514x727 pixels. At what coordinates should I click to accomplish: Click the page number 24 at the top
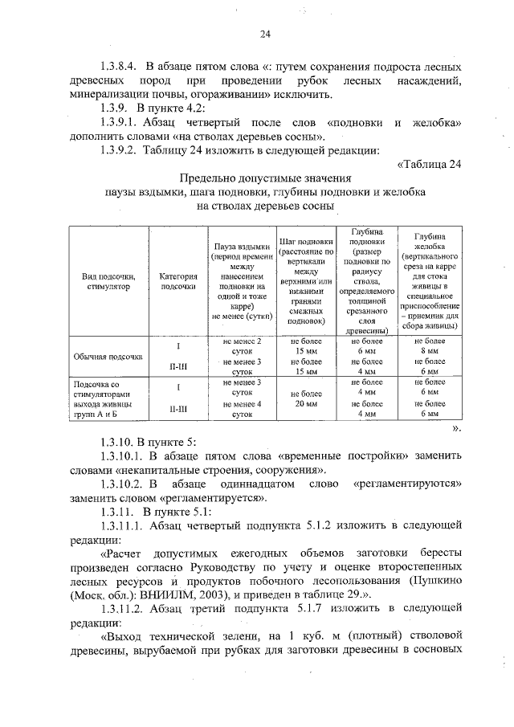tap(264, 34)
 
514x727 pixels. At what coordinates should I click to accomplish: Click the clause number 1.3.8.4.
tap(119, 67)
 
